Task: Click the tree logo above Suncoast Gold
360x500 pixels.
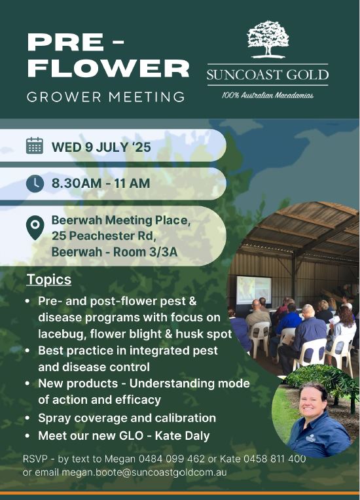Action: [x=268, y=39]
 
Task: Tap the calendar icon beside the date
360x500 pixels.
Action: [x=35, y=146]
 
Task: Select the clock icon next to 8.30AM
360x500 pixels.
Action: [x=35, y=183]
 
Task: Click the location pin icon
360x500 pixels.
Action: [x=35, y=227]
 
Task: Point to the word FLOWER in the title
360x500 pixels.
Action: [x=109, y=68]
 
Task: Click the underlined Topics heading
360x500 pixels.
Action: [x=49, y=279]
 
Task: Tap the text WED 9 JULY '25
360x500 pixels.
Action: [x=101, y=147]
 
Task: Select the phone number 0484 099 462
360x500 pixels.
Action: [x=171, y=459]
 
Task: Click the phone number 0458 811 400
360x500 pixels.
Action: [x=274, y=459]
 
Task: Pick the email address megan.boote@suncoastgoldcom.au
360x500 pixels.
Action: [x=144, y=473]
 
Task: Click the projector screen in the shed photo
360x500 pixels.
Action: [x=254, y=290]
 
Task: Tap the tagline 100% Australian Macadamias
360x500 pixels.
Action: [x=268, y=96]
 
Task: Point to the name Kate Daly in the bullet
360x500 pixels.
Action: [x=182, y=436]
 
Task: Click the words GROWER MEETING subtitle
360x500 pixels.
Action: [x=106, y=97]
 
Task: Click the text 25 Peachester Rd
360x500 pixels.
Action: [x=104, y=236]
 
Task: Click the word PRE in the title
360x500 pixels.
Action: [x=65, y=42]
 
